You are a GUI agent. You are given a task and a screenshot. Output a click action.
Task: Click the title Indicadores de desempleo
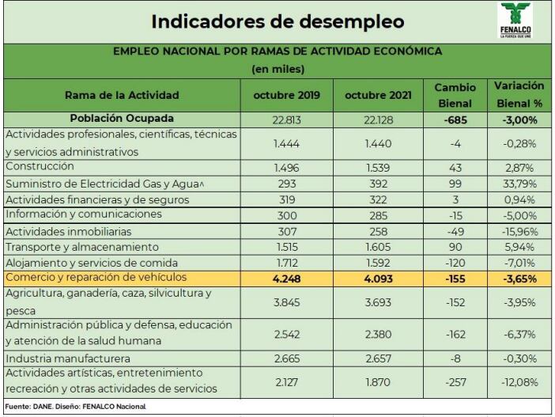tap(277, 21)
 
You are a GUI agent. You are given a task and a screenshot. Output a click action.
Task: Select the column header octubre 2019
tap(287, 95)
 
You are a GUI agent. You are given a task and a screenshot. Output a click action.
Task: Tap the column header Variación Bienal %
tap(519, 94)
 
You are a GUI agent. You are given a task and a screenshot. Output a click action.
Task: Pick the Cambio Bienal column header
tap(454, 94)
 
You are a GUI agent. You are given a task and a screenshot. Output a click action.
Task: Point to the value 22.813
tap(287, 119)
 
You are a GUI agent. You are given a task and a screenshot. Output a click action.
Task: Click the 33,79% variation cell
tap(520, 184)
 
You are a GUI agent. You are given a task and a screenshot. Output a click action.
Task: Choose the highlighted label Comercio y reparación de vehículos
tap(96, 278)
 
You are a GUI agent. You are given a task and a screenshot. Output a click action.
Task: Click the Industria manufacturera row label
tap(62, 358)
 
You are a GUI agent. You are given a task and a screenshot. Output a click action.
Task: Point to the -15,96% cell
tap(520, 231)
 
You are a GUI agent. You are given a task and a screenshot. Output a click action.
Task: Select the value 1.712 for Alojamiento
tap(287, 263)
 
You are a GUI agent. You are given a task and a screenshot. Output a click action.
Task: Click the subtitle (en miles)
tap(277, 69)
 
